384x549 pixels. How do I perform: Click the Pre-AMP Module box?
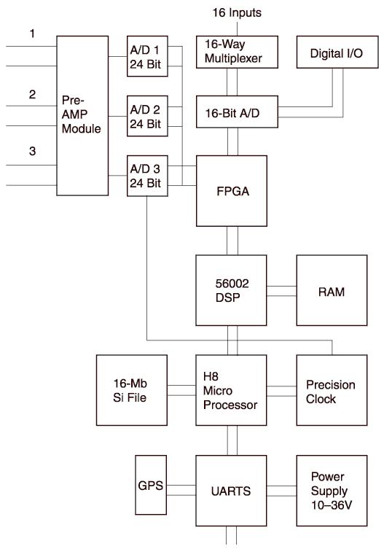coord(82,115)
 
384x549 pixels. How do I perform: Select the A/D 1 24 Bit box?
coord(147,56)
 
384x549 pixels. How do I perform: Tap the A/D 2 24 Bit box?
coord(147,116)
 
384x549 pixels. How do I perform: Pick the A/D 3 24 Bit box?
coord(147,176)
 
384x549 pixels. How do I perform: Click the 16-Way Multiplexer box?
coord(237,52)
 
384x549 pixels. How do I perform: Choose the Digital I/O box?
coord(337,52)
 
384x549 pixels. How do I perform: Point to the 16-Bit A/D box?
coord(237,112)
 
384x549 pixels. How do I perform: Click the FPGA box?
coord(232,191)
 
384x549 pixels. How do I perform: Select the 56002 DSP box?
coord(232,290)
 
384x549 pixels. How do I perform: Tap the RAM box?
coord(332,290)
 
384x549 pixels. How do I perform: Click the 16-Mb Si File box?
coord(132,390)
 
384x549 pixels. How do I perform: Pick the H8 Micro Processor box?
coord(232,390)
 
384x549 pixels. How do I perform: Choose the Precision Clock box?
coord(332,390)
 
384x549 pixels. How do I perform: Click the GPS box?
coord(151,485)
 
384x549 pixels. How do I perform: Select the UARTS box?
coord(232,491)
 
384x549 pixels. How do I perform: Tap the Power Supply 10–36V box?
coord(332,491)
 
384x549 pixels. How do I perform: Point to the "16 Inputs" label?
coord(237,13)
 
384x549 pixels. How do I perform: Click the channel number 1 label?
coord(32,34)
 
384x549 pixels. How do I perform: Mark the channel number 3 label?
coord(32,151)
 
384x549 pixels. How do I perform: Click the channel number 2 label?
coord(32,94)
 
